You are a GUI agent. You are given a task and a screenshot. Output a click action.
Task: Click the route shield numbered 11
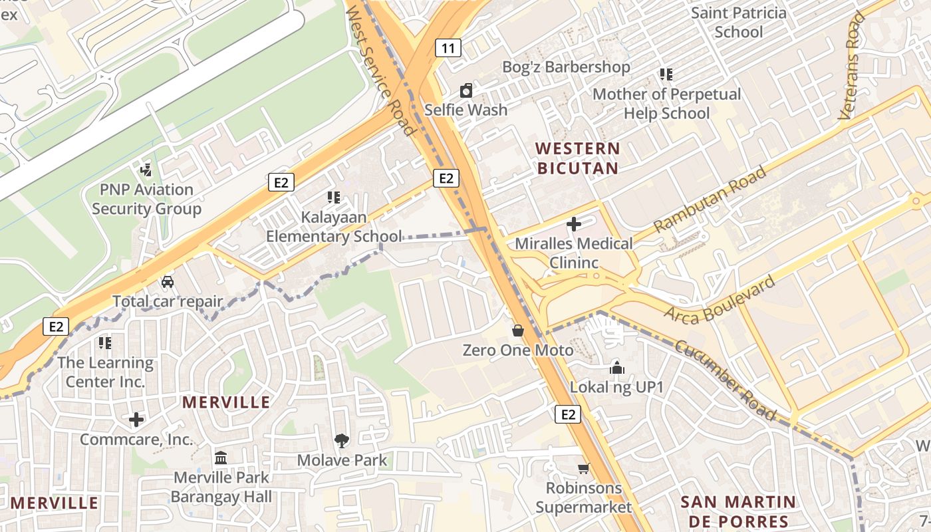[448, 48]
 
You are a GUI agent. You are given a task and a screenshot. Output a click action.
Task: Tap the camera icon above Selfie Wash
[466, 90]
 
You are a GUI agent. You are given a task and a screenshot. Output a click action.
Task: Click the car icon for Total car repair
[168, 282]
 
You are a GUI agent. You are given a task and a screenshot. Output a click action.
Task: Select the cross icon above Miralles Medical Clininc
[573, 224]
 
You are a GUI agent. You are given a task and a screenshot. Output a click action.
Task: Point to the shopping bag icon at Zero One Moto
[517, 331]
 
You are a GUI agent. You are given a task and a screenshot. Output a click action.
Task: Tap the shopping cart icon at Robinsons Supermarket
[583, 468]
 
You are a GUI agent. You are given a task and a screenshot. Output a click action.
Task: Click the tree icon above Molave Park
[342, 440]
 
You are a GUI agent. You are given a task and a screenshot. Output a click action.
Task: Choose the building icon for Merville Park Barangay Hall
[221, 458]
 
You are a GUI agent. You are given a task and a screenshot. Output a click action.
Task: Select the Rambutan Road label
[710, 199]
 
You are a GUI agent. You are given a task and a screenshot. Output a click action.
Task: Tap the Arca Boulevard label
[720, 299]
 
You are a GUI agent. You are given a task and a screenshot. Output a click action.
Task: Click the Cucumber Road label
[725, 380]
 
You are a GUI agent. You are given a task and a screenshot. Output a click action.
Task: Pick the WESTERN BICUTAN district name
[578, 158]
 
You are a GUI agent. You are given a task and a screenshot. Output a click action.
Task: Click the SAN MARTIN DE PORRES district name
[738, 511]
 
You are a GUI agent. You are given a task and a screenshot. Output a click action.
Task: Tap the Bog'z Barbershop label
[566, 67]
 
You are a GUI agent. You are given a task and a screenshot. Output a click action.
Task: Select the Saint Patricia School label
[738, 22]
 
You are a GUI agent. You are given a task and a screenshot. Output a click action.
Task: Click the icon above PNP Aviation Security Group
[146, 170]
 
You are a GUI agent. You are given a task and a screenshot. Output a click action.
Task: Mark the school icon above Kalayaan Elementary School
[333, 198]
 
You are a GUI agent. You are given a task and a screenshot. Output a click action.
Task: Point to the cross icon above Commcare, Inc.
[136, 420]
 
